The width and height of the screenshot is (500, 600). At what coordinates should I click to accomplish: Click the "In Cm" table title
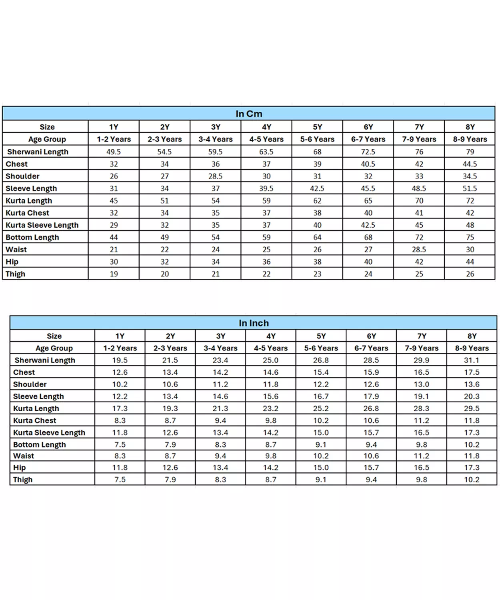(x=249, y=114)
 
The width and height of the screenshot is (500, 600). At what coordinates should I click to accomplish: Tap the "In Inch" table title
(x=254, y=323)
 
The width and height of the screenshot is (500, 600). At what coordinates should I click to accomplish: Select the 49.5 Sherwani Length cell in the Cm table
(x=114, y=152)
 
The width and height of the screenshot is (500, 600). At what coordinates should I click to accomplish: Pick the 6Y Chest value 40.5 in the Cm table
(x=368, y=164)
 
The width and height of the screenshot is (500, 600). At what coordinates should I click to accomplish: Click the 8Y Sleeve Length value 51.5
(x=470, y=188)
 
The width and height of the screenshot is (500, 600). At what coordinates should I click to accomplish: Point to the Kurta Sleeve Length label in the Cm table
(x=42, y=225)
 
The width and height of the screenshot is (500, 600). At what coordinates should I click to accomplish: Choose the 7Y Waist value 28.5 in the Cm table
(x=419, y=250)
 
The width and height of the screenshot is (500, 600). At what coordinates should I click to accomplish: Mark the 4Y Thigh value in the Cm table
(x=266, y=274)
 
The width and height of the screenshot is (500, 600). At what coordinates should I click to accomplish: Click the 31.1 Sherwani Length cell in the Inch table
(x=471, y=360)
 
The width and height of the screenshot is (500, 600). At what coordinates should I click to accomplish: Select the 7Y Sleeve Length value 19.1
(x=421, y=396)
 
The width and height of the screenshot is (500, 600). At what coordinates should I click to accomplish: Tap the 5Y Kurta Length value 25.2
(x=321, y=408)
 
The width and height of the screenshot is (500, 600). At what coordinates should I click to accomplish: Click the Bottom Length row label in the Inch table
(x=39, y=445)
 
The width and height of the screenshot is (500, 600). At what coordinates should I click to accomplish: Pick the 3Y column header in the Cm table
(x=216, y=127)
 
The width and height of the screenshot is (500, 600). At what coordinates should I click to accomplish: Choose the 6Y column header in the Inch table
(x=371, y=336)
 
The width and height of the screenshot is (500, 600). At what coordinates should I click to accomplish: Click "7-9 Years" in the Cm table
(x=419, y=139)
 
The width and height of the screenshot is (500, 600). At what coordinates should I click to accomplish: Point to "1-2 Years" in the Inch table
(x=120, y=348)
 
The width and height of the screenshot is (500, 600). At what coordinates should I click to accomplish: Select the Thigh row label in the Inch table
(x=23, y=480)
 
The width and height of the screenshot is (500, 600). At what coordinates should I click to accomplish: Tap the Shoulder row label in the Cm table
(x=22, y=176)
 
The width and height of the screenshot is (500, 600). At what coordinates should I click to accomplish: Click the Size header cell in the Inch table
(x=54, y=336)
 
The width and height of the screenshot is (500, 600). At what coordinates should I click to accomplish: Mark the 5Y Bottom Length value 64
(x=317, y=238)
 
